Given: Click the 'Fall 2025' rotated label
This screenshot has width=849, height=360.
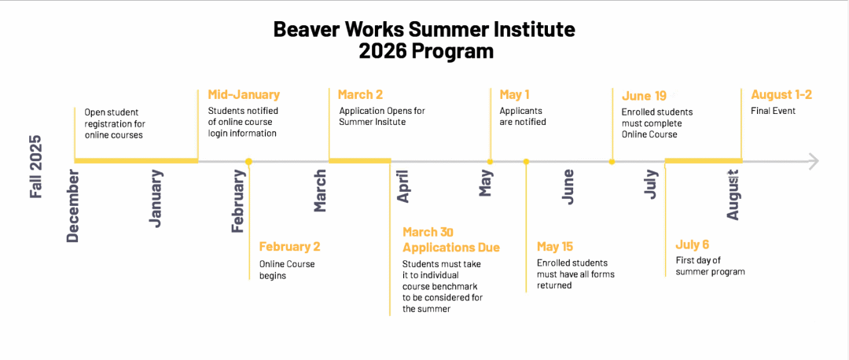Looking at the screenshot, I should (36, 166).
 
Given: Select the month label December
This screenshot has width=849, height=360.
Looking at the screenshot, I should (73, 206).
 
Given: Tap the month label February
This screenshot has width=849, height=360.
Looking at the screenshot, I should (238, 200).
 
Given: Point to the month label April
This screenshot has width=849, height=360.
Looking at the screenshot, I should (402, 186).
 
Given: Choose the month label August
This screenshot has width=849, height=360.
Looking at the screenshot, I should (733, 193).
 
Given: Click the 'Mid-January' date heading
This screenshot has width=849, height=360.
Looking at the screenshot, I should (244, 95).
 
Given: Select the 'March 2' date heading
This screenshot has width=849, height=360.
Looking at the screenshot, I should (362, 95).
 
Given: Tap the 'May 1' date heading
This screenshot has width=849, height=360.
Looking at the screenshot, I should (514, 95).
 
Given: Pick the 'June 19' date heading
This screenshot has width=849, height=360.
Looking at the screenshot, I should (644, 96).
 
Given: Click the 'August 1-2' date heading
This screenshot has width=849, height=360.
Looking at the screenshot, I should (781, 95).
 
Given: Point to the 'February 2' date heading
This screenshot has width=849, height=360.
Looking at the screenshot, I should (289, 247).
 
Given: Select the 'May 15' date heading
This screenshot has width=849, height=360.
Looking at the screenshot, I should (555, 247).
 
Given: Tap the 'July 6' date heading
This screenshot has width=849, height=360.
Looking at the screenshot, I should (693, 244).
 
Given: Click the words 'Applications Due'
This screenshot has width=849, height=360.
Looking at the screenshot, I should (451, 248).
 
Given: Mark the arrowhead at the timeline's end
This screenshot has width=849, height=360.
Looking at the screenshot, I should (813, 161).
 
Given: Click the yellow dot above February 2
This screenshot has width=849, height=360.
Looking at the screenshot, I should (248, 161).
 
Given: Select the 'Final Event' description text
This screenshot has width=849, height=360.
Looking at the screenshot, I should (774, 112).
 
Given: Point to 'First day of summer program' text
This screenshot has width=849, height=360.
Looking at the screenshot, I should (710, 266).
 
